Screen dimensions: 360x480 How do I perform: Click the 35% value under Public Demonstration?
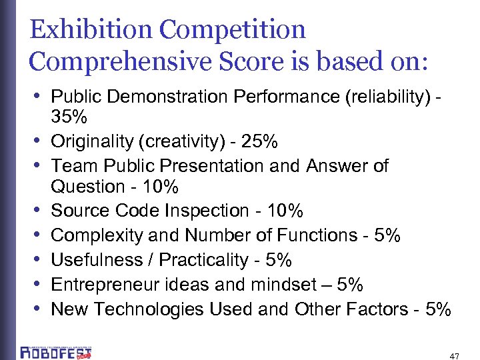click(x=69, y=118)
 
